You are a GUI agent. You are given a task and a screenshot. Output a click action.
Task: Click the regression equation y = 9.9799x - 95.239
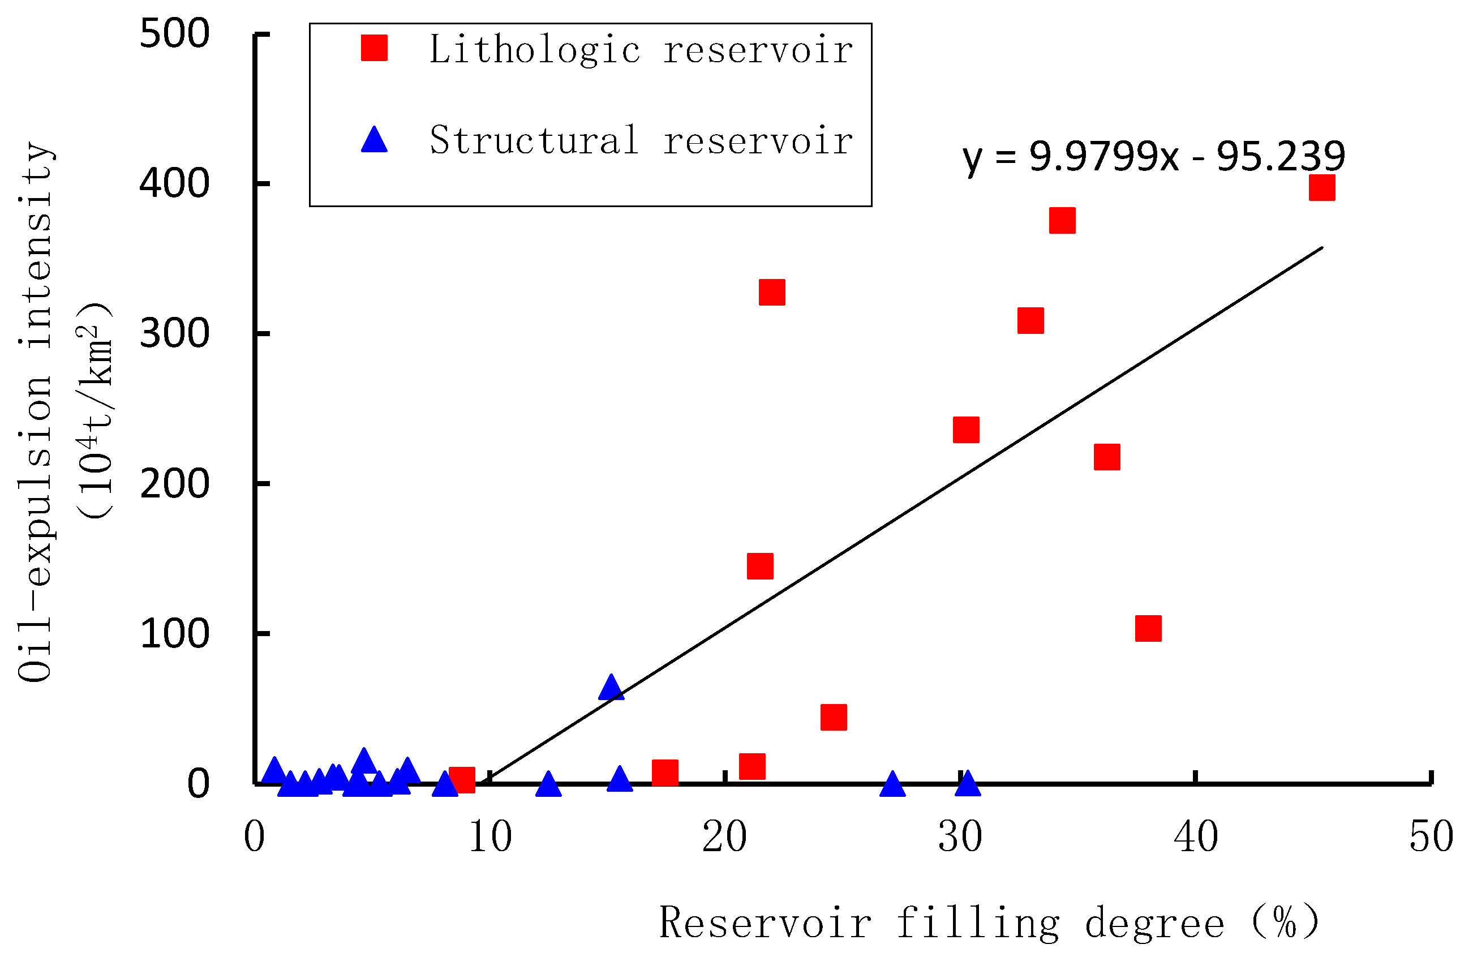click(1153, 156)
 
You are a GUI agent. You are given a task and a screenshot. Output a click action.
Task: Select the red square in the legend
click(374, 48)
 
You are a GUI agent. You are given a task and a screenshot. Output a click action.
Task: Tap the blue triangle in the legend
click(374, 140)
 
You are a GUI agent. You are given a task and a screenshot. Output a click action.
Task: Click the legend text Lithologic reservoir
click(641, 49)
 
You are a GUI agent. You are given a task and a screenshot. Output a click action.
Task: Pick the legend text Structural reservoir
click(641, 140)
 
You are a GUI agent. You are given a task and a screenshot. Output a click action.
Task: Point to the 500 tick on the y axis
click(175, 34)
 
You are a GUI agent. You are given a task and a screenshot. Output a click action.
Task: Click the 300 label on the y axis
click(175, 334)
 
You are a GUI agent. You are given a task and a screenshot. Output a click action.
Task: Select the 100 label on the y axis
click(175, 634)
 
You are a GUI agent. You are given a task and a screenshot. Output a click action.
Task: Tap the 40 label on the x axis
click(1196, 837)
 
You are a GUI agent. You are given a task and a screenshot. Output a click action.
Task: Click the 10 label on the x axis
click(490, 837)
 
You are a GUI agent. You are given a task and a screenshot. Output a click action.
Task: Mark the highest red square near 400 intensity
click(1322, 188)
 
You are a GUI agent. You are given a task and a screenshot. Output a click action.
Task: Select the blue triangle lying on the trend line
click(611, 687)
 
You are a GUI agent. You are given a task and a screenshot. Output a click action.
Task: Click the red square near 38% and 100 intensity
click(1148, 628)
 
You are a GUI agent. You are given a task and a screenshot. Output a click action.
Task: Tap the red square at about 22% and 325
click(772, 293)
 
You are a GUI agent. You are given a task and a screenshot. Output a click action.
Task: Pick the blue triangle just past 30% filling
click(968, 783)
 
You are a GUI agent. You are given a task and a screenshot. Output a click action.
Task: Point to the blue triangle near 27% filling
click(892, 784)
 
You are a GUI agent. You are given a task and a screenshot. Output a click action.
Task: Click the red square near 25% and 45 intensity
click(834, 717)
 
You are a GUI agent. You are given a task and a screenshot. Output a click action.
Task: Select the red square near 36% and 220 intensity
click(1107, 457)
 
